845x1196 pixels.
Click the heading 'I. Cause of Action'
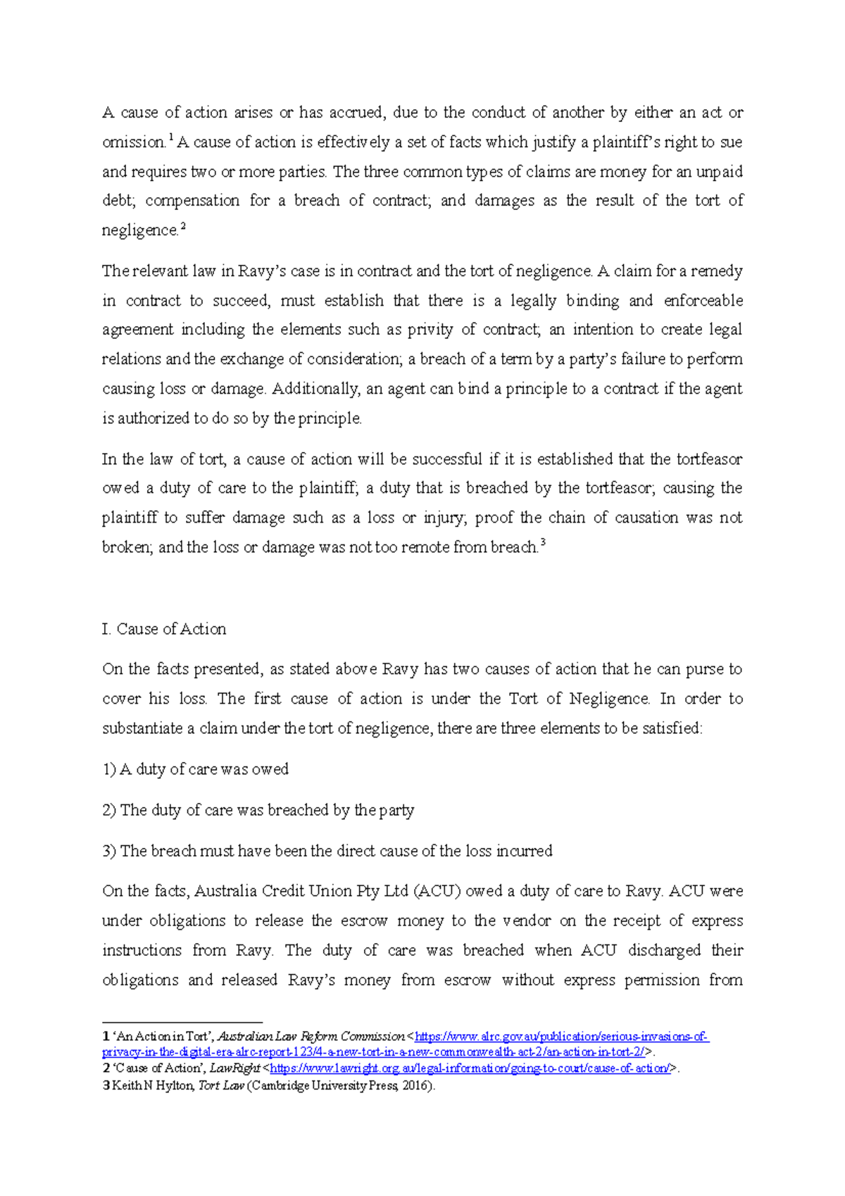coord(164,629)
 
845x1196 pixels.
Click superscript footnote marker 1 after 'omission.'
coord(170,137)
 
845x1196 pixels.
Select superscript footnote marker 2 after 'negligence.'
coord(183,225)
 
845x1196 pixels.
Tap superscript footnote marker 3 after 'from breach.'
coord(543,542)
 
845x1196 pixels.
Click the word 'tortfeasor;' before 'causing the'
coord(620,488)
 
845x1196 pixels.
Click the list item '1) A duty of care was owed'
coord(196,769)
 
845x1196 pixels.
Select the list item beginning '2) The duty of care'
coord(258,810)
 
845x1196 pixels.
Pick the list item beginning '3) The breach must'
coord(327,851)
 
